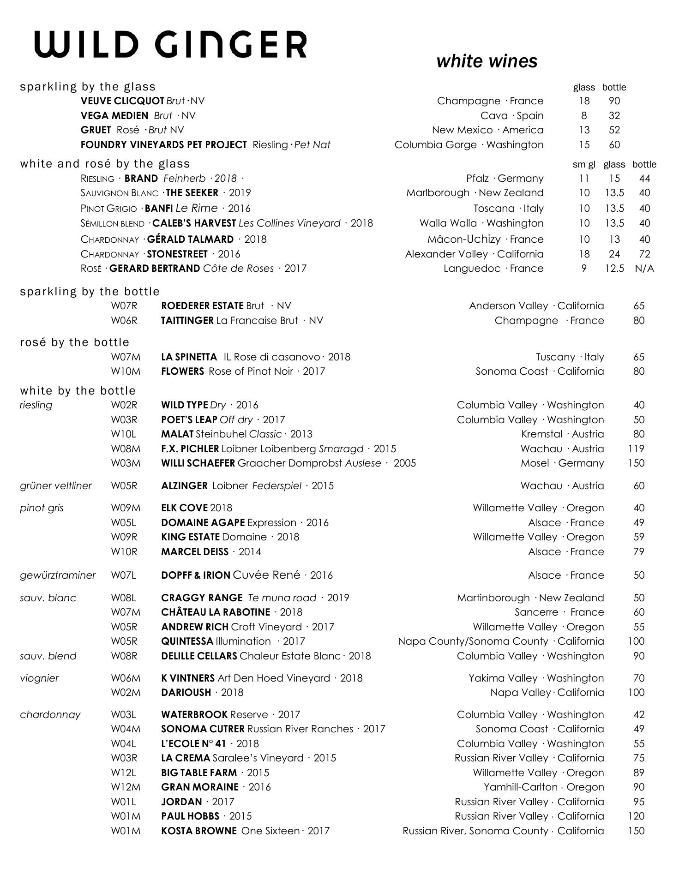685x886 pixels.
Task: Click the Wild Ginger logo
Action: [x=171, y=45]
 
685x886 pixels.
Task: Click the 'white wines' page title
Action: [x=487, y=61]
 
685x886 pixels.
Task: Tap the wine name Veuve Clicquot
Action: [x=122, y=101]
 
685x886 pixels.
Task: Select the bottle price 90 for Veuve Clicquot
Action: [x=614, y=101]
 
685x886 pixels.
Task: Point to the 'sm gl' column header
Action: [x=583, y=164]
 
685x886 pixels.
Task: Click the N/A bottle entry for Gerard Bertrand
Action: [x=644, y=269]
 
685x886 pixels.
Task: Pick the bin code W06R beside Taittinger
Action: [x=124, y=320]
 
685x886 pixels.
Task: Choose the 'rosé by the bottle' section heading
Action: [x=75, y=342]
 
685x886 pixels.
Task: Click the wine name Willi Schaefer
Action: [x=198, y=463]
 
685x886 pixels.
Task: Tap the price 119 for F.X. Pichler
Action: [x=636, y=449]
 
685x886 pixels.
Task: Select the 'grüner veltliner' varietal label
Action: [x=56, y=485]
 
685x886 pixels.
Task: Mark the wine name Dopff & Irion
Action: [x=196, y=575]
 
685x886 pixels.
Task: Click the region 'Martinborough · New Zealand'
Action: [x=530, y=598]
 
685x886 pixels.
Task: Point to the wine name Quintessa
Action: [x=187, y=641]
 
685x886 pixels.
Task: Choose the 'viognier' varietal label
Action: [x=39, y=678]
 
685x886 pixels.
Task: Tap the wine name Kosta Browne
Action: [x=199, y=831]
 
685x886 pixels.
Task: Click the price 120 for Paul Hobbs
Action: [x=636, y=816]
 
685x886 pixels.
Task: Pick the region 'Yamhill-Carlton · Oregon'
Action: [x=543, y=787]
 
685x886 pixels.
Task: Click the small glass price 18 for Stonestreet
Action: [x=584, y=254]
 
